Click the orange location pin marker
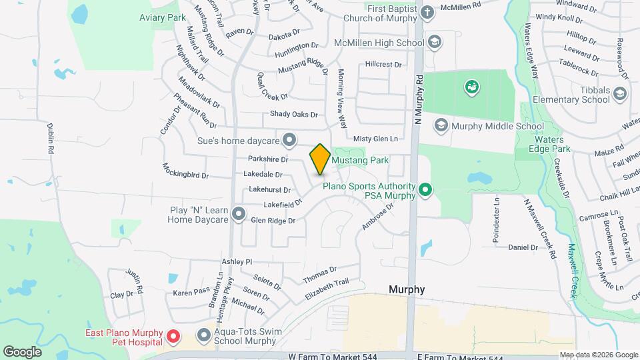(x=320, y=159)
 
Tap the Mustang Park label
(x=361, y=160)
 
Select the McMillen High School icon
(x=435, y=43)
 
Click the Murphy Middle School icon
(x=441, y=125)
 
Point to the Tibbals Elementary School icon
(x=621, y=93)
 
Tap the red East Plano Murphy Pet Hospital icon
(x=173, y=337)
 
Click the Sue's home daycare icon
(x=289, y=139)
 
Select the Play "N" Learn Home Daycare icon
(x=239, y=214)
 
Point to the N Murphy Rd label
(x=419, y=99)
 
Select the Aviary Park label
(x=163, y=17)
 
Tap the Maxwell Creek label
(x=572, y=270)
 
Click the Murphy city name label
(x=407, y=289)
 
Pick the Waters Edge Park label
(x=552, y=145)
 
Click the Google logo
(x=22, y=351)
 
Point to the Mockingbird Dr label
(x=185, y=171)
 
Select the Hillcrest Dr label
(x=383, y=65)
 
